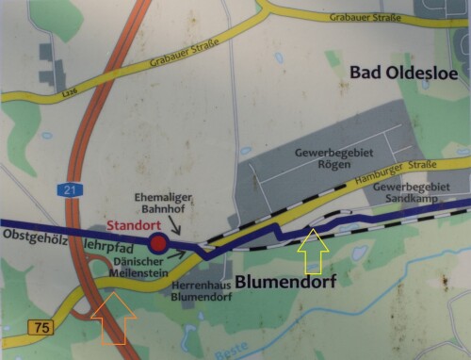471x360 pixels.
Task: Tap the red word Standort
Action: [x=133, y=227]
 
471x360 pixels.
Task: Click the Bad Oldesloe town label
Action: [x=401, y=73]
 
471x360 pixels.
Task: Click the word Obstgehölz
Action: [x=31, y=234]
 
